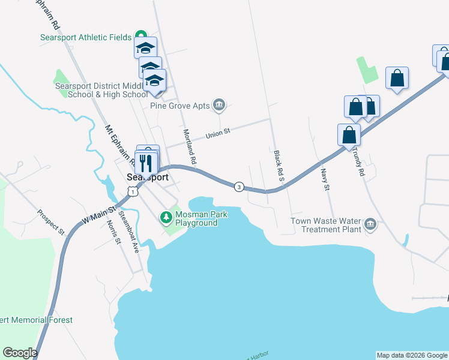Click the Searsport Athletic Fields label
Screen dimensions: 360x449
(x=85, y=37)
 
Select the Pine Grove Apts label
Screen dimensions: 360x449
(x=180, y=106)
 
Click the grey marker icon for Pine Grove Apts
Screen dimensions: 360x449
(x=219, y=106)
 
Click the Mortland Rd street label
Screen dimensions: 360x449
(x=189, y=147)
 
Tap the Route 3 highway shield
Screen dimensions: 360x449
(x=240, y=187)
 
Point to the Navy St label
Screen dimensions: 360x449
(x=325, y=179)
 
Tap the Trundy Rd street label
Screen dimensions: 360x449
(x=361, y=163)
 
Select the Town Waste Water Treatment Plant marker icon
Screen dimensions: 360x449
(x=370, y=224)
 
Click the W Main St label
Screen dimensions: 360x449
(x=98, y=215)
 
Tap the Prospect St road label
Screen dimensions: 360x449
(x=51, y=220)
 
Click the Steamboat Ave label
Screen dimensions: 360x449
(x=129, y=231)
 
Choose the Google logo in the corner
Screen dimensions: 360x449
(x=20, y=353)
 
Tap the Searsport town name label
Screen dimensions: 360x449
(x=148, y=178)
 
